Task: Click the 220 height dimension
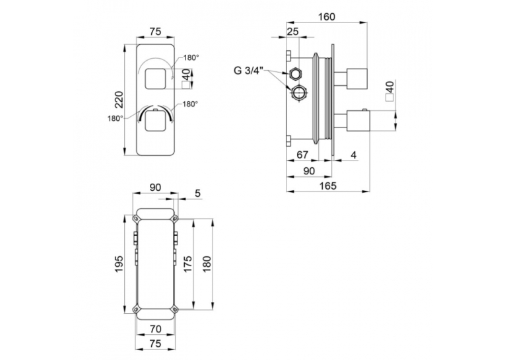119,100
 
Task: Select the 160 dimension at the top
327,17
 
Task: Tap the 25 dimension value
292,32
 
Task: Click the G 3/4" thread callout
249,70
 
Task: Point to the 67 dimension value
302,155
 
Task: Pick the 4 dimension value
354,155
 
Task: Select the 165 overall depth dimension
328,186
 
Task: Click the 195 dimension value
119,264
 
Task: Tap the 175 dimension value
187,264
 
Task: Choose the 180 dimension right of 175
207,264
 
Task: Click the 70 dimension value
156,329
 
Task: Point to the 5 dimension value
198,193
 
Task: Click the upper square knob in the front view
156,79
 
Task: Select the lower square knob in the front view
156,121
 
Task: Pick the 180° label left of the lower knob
115,119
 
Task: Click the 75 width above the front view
155,32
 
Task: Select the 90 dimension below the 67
309,171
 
